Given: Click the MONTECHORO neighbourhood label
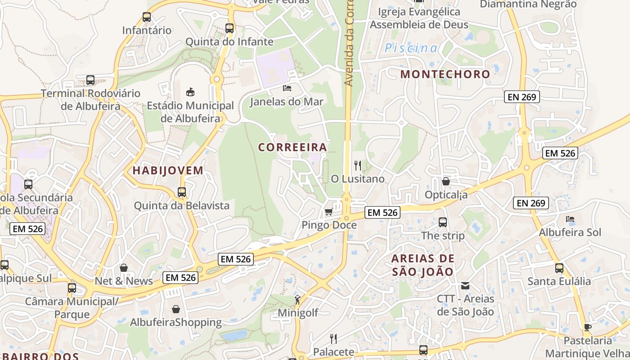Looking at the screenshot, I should point(445,74).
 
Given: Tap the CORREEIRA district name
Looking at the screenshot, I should point(292,147).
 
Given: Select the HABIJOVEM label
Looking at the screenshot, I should point(168,171).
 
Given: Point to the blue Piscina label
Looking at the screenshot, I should point(411,48).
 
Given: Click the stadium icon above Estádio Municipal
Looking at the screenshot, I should point(190,92).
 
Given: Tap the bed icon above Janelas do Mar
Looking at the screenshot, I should point(287,88).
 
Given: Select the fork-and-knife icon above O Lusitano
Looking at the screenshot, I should point(358,166).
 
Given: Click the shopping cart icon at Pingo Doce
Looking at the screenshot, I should point(329,211).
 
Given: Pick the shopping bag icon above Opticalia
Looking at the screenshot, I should point(446,181).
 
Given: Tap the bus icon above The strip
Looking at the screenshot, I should point(443,222).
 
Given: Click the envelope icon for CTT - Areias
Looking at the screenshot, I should point(465,285).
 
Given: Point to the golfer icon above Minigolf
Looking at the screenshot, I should point(297,299).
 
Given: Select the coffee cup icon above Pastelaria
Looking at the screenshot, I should point(587,327).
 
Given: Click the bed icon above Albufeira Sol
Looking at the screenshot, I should point(570,219).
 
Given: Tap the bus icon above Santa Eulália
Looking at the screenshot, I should point(559,268).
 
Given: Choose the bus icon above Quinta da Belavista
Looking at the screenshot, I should point(182,192).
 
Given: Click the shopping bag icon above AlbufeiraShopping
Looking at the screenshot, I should point(176,309).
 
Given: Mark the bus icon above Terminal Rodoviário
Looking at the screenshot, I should point(90,80).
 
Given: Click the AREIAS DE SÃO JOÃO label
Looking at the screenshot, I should point(423,265).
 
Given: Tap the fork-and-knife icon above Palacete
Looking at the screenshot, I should point(333,338).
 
